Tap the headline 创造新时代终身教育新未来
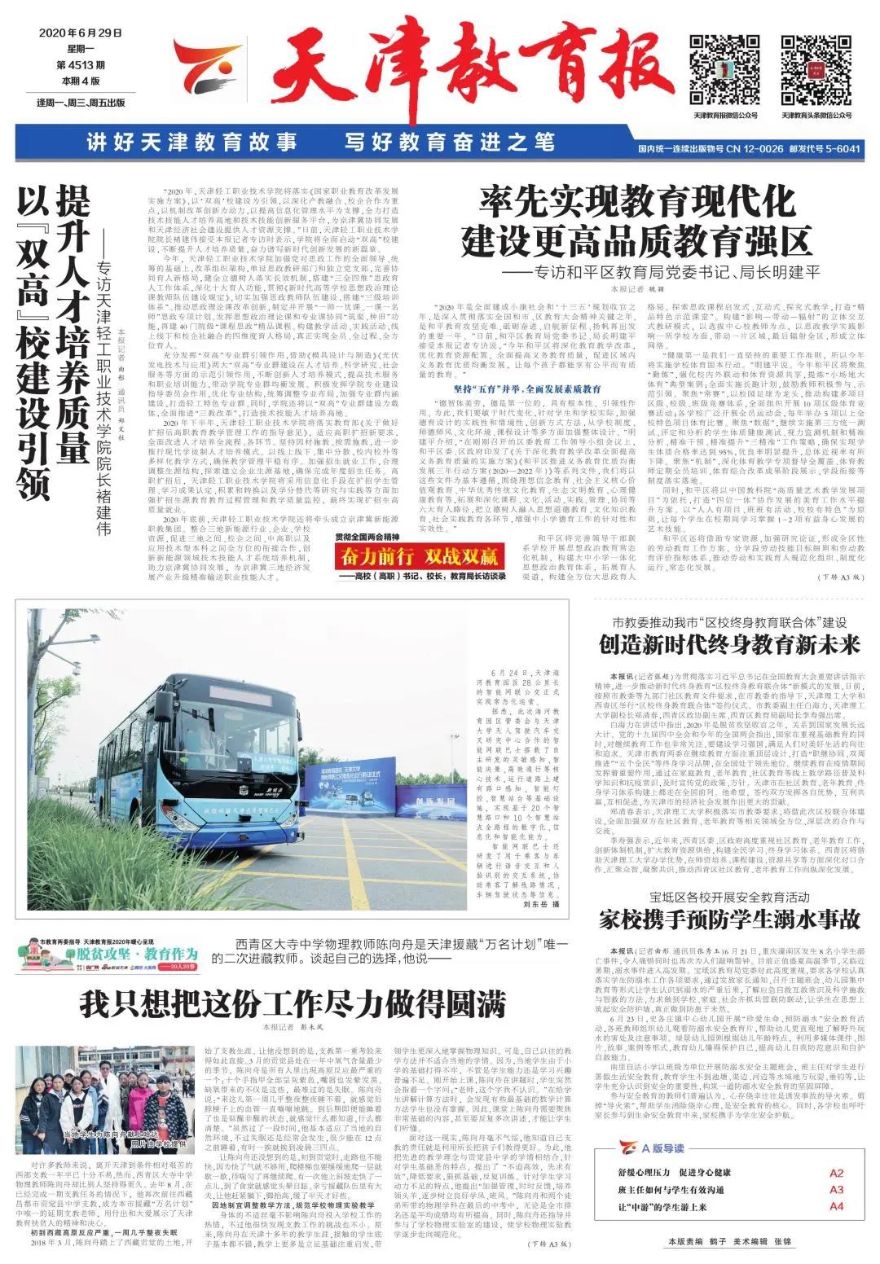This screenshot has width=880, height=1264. [x=729, y=645]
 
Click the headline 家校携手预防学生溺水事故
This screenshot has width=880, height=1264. [x=729, y=919]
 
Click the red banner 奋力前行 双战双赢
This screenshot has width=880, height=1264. [x=420, y=557]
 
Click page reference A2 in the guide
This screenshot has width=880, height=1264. [x=836, y=1174]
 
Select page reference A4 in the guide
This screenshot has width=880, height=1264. [x=836, y=1206]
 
